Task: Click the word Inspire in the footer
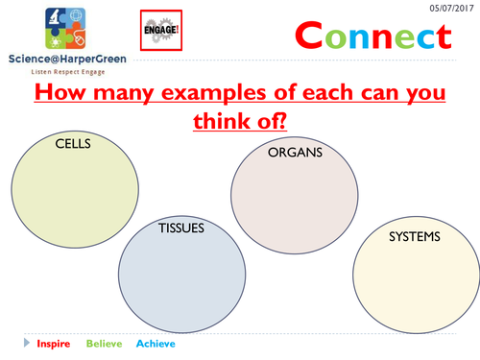[53, 343]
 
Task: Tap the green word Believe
[105, 343]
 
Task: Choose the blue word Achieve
[156, 343]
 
